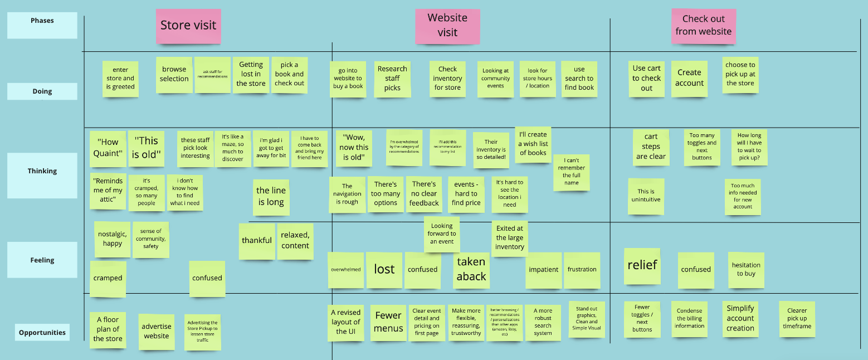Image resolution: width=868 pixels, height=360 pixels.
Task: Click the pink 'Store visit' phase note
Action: click(188, 26)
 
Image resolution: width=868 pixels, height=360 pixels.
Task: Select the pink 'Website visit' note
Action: click(447, 26)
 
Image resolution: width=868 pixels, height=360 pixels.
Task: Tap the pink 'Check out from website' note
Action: click(703, 26)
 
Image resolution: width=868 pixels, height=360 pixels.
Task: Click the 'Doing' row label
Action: click(42, 91)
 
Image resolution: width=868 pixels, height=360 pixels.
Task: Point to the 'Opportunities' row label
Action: click(42, 333)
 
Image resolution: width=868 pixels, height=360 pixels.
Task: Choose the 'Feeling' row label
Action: click(42, 260)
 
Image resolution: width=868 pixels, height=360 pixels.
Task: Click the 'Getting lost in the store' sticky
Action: click(251, 75)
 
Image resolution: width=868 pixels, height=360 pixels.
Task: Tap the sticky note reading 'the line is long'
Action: click(271, 196)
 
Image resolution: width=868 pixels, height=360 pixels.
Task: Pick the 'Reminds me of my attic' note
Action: click(108, 191)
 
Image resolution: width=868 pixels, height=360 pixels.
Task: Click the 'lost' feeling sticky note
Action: click(384, 270)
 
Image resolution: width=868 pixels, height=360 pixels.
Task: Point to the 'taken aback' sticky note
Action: click(471, 270)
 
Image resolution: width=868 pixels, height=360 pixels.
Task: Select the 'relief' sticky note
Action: click(642, 265)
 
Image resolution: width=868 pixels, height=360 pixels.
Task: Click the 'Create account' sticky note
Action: click(690, 79)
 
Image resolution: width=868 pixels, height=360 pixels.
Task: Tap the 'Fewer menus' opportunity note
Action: click(388, 322)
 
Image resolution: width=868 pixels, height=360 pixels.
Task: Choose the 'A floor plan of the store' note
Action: click(108, 329)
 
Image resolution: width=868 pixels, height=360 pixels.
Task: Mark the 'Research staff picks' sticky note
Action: click(392, 79)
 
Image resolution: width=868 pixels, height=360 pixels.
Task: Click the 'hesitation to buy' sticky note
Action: click(746, 270)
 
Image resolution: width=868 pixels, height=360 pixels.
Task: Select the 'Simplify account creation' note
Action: click(740, 319)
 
